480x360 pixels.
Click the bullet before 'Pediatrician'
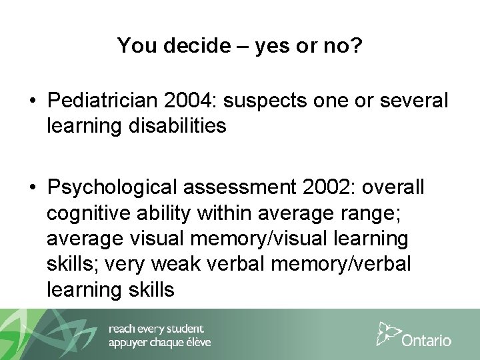31,101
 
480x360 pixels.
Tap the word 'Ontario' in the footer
427,341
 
